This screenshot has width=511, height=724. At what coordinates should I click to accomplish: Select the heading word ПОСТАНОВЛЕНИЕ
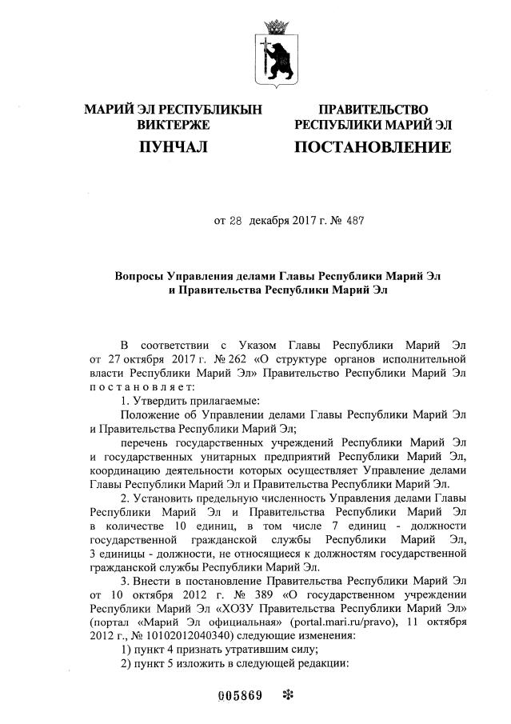tap(373, 147)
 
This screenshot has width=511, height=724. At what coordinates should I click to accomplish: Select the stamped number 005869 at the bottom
tap(241, 694)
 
